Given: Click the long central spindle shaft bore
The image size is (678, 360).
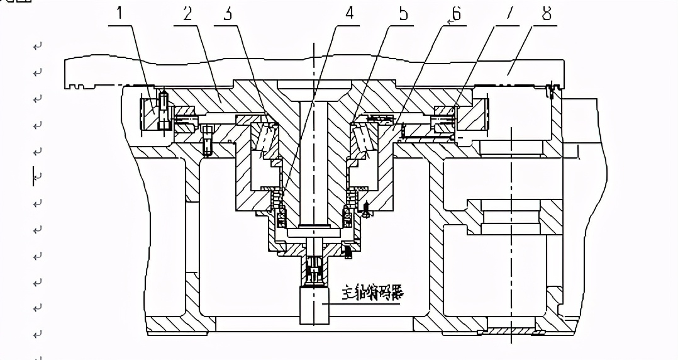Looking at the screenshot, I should point(314,164).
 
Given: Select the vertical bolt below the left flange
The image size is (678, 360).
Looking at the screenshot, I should point(207,140).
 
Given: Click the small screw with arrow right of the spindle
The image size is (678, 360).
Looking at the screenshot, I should point(366,208).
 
